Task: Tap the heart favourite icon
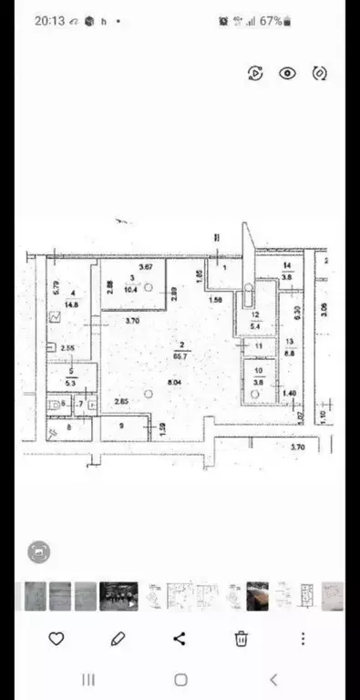point(56,639)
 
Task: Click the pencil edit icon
point(118,639)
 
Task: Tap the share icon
point(180,639)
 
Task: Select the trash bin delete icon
point(242,639)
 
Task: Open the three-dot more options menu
point(303,639)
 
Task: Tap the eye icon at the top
point(288,74)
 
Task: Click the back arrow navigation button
point(273,680)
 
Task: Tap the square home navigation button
point(180,680)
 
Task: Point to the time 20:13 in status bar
point(49,20)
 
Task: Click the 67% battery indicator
point(271,20)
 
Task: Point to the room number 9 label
point(122,425)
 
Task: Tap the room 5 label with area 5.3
point(70,377)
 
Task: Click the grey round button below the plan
point(39,551)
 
